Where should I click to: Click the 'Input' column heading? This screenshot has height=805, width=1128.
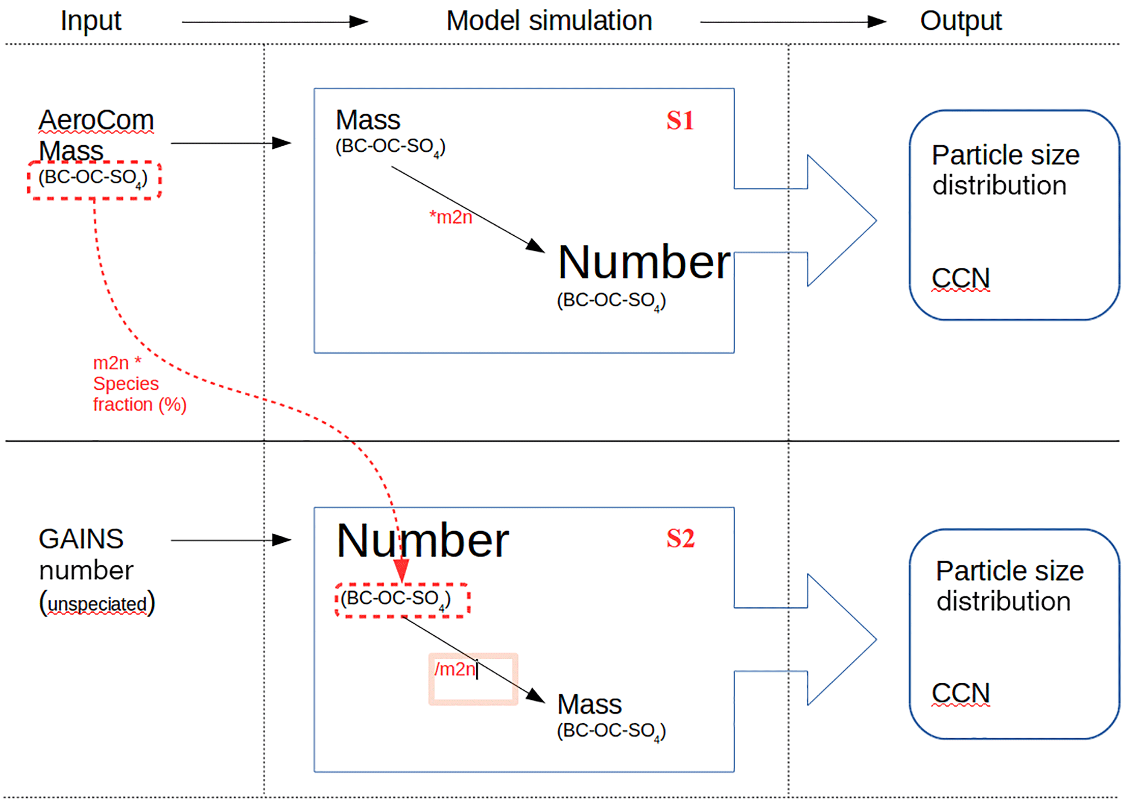point(91,21)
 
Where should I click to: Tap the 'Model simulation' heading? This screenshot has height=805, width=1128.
point(549,21)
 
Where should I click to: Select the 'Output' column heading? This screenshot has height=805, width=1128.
point(960,21)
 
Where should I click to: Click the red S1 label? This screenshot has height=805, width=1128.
point(680,121)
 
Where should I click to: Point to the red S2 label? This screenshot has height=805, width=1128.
point(680,539)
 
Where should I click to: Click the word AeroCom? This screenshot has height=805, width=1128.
point(96,121)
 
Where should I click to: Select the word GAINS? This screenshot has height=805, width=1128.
point(81,539)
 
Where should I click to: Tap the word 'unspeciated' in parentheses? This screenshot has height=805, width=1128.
point(97,604)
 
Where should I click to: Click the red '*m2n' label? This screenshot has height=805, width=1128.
point(451,217)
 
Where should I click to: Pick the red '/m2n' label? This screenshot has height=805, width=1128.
point(455,669)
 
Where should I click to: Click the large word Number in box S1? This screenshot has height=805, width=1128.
point(643,263)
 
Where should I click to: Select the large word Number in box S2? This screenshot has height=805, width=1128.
point(422,541)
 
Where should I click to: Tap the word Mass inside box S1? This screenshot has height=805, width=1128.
point(368,120)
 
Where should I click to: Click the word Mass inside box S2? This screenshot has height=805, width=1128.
point(589,705)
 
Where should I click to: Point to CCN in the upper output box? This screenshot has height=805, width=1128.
point(960,278)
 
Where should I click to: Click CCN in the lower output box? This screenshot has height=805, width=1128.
point(960,694)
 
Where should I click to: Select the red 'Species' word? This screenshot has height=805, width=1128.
point(126,384)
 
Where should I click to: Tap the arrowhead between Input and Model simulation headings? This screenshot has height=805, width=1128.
point(359,22)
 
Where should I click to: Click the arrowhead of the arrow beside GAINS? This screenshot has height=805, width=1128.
point(282,540)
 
